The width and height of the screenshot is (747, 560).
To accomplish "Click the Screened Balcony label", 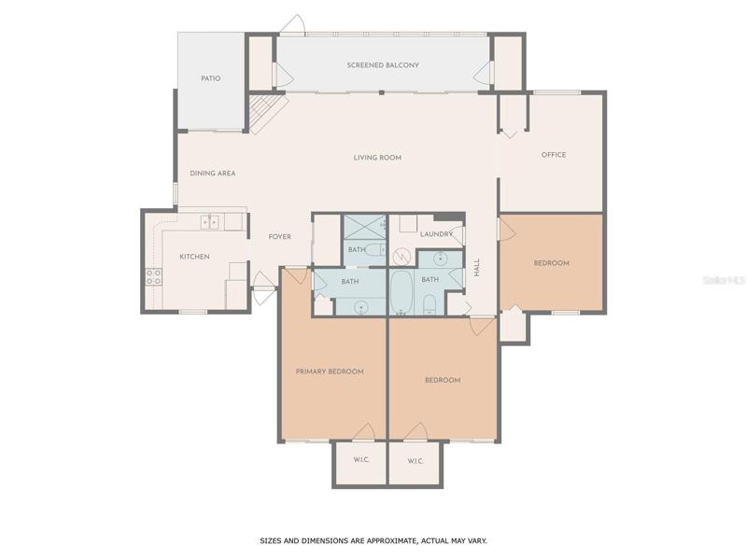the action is tap(383, 64).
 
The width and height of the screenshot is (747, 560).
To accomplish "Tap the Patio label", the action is tap(211, 78).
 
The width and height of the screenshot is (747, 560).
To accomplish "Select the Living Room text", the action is tap(377, 157).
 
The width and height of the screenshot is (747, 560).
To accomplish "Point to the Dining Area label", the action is tap(213, 174).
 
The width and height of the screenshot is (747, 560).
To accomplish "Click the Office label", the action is tap(554, 155).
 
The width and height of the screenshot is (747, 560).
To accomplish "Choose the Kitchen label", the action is tap(194, 257).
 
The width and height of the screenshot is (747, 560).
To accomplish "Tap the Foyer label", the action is tap(279, 237).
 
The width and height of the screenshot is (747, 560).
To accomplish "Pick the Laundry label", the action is tap(436, 234).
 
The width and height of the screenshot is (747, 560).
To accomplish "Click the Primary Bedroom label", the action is tap(330, 371).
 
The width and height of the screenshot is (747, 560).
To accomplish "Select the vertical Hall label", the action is tap(477, 267).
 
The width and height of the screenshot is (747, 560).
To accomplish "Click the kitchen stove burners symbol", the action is tap(153, 276).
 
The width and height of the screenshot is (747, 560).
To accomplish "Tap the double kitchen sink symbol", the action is tap(209, 222).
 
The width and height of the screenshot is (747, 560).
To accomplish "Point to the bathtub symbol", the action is tap(401, 293).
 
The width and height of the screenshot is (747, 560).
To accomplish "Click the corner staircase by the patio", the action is tap(266, 112).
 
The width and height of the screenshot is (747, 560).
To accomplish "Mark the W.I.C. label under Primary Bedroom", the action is tap(361, 459).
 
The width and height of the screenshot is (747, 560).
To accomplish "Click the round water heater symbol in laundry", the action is tap(402, 258).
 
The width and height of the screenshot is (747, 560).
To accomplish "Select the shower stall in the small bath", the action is tap(364, 227).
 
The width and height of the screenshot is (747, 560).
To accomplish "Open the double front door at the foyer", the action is tap(263, 287).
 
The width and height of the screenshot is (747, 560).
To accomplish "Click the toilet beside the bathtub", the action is tap(430, 305).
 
